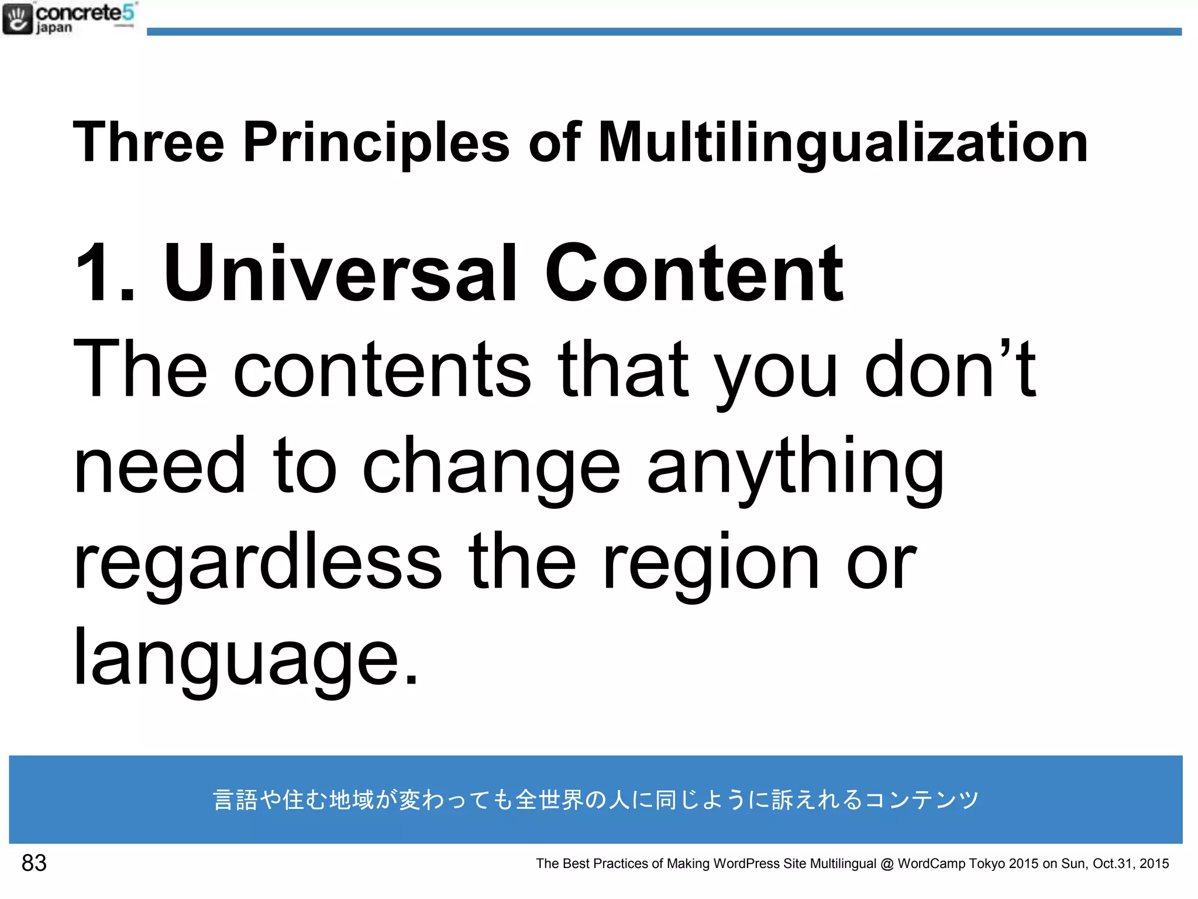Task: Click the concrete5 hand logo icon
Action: click(18, 19)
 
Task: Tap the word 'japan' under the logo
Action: click(54, 28)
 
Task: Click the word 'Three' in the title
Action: click(149, 142)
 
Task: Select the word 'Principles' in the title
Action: click(376, 142)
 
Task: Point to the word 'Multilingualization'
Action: click(842, 142)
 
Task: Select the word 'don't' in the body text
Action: click(950, 369)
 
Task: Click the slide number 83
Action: click(34, 863)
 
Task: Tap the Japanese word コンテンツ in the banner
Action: click(921, 800)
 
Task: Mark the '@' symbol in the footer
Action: click(887, 864)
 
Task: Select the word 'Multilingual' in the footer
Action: click(843, 863)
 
